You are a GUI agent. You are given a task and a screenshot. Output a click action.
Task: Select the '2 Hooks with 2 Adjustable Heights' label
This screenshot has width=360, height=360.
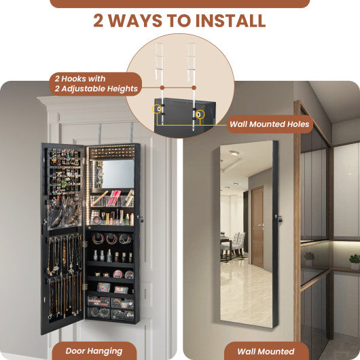[94, 83]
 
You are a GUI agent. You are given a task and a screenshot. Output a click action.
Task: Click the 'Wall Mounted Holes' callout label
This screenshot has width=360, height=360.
[269, 124]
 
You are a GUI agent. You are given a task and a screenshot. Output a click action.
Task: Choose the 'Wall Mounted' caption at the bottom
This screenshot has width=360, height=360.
[266, 350]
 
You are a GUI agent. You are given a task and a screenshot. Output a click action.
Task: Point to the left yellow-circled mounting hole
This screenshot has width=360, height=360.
[158, 109]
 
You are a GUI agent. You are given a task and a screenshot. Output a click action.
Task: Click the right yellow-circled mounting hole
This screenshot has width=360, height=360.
[200, 114]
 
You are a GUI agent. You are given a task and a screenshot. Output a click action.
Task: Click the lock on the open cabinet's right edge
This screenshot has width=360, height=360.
[140, 217]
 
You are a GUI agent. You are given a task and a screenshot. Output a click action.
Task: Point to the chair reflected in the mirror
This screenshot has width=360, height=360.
[238, 243]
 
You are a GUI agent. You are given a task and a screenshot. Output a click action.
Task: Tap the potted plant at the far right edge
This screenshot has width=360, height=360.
[354, 260]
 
